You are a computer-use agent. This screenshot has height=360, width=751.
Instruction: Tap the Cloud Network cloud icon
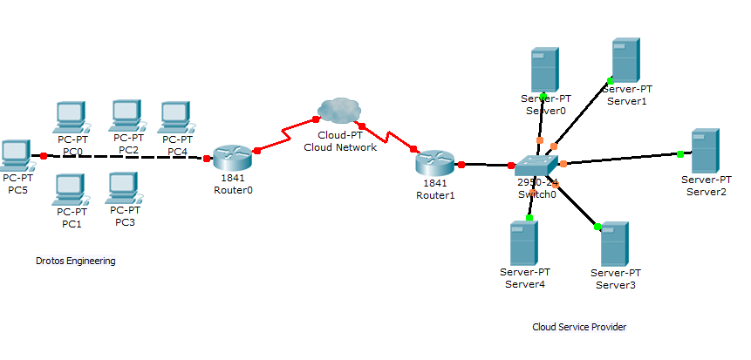tap(338, 111)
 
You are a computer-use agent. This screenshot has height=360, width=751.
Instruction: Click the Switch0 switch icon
tap(535, 166)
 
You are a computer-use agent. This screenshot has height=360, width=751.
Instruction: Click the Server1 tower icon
tap(625, 60)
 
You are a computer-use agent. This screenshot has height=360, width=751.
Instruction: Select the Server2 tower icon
tap(705, 151)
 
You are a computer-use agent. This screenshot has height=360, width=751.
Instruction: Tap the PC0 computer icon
tap(70, 117)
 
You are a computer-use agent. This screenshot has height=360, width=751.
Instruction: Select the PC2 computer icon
tap(126, 114)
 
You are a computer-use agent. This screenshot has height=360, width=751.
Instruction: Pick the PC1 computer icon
tap(70, 189)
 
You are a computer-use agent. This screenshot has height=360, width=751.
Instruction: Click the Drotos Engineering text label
tap(76, 261)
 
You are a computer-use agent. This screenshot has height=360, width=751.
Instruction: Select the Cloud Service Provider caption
tap(579, 327)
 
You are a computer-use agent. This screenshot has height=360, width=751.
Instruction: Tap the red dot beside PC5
tap(43, 156)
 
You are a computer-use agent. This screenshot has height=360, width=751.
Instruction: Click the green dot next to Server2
tap(679, 154)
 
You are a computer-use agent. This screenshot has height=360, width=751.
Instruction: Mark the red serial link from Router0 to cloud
tap(286, 135)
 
